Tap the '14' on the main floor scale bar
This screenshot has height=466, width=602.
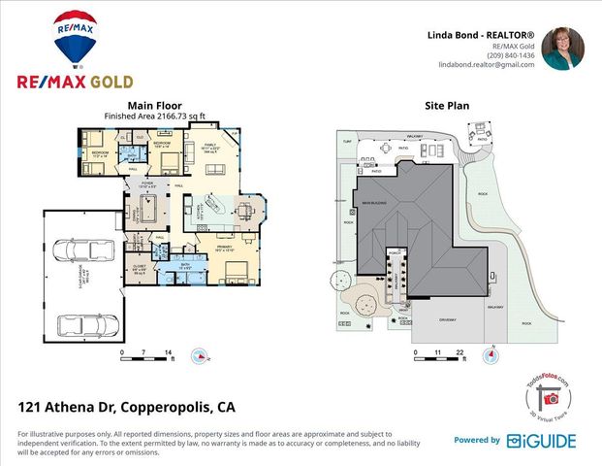169,350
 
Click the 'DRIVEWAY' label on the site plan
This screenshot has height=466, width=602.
449,314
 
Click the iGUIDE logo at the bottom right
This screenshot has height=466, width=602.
541,441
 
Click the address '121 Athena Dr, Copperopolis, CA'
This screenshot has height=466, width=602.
127,406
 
